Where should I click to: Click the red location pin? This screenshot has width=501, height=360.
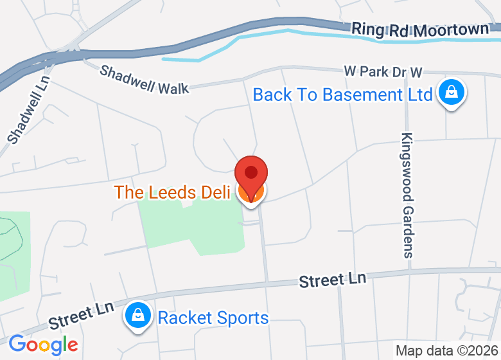(x=251, y=175)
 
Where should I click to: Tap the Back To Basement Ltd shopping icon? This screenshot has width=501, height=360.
(x=452, y=93)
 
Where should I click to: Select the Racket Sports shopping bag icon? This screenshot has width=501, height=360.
(x=138, y=316)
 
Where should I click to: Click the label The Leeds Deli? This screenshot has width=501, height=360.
(x=172, y=192)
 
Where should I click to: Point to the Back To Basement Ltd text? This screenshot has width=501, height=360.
(x=342, y=95)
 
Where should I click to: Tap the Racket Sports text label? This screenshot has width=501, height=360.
(x=213, y=318)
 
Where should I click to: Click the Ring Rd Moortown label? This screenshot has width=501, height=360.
(x=421, y=30)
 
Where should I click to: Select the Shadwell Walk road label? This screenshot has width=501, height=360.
(x=144, y=79)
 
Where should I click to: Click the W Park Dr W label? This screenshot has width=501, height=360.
(x=383, y=71)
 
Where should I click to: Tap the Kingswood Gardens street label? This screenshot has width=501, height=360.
(x=408, y=195)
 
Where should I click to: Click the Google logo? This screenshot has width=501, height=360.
(x=43, y=345)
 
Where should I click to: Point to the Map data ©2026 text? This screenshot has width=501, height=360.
(x=446, y=351)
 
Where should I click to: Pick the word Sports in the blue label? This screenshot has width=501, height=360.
(x=241, y=318)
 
